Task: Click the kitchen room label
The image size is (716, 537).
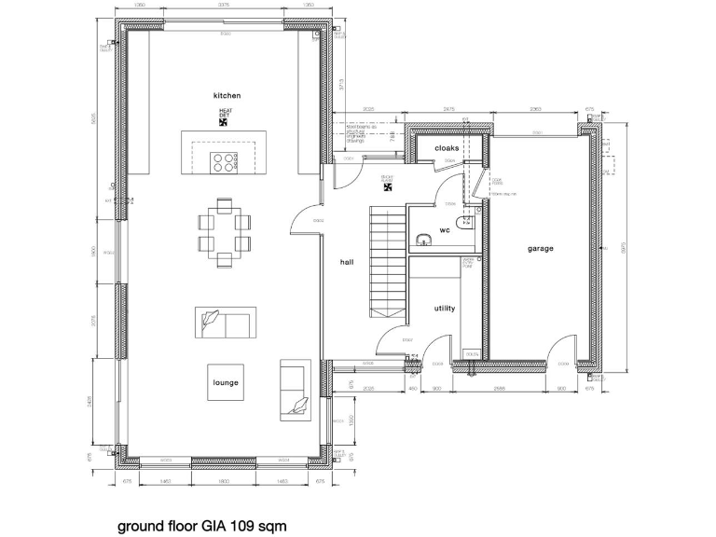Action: [x=227, y=96]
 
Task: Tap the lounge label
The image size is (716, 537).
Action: [x=226, y=382]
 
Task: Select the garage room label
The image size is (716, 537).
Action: [x=541, y=249]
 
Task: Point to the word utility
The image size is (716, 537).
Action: [x=445, y=308]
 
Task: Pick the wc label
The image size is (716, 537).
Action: [x=445, y=229]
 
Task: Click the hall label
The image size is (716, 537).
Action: [x=348, y=263]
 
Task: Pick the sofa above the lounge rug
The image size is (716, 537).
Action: [x=225, y=324]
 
